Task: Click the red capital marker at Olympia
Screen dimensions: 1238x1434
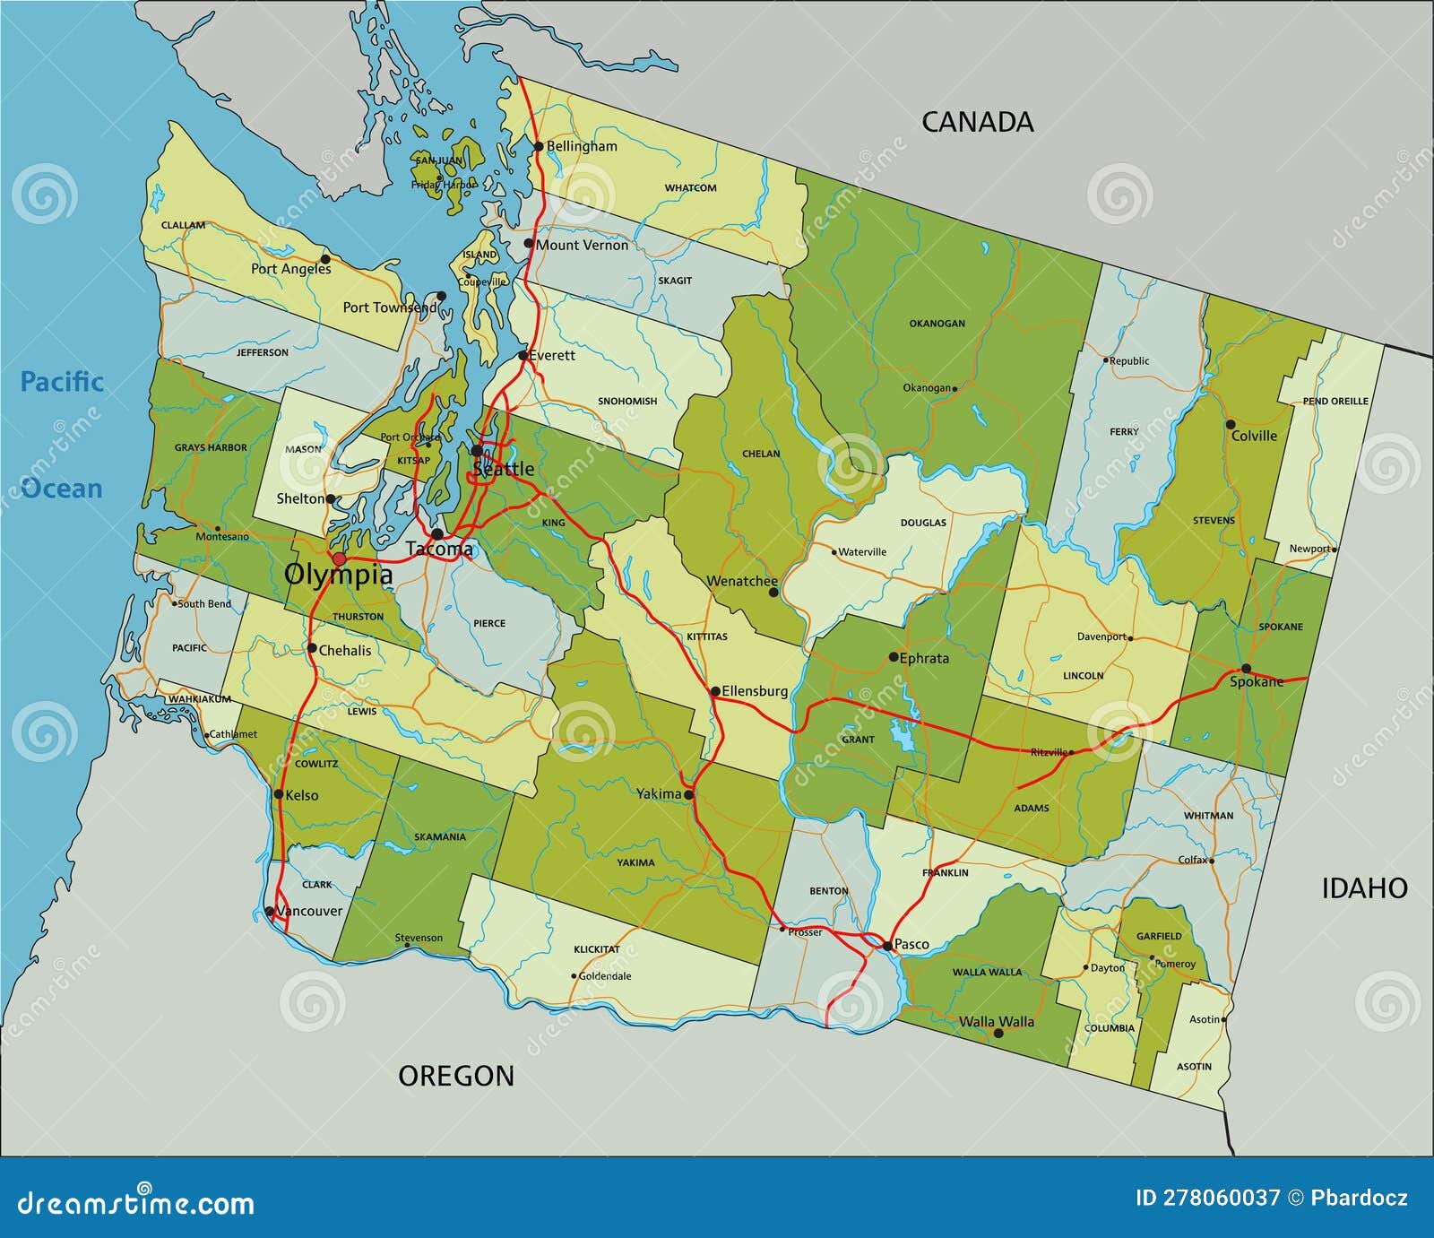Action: click(x=339, y=558)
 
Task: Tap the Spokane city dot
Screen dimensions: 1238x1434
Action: click(x=1246, y=669)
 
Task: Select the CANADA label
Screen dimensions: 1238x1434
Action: click(x=977, y=122)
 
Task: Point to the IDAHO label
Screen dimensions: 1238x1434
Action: click(x=1364, y=888)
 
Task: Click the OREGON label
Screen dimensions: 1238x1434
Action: click(x=456, y=1076)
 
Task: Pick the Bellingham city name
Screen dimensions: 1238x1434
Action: click(x=582, y=146)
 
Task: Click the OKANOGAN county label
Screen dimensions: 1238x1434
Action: click(x=937, y=324)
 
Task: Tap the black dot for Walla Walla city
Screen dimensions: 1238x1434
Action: click(x=998, y=1034)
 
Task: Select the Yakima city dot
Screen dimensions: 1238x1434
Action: click(x=688, y=795)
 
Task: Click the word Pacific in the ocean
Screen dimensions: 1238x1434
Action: click(x=62, y=382)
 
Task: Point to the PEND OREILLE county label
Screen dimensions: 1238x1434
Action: click(x=1335, y=401)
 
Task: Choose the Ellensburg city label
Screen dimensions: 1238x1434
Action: click(x=755, y=691)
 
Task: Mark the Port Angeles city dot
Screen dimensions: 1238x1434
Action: click(x=325, y=258)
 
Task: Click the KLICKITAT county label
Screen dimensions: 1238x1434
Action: click(x=597, y=948)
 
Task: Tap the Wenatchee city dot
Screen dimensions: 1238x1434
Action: click(x=773, y=593)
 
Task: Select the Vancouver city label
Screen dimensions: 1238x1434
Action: click(x=309, y=911)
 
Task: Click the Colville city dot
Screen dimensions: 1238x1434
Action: click(x=1231, y=424)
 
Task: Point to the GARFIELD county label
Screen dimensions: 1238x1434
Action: click(x=1159, y=936)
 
